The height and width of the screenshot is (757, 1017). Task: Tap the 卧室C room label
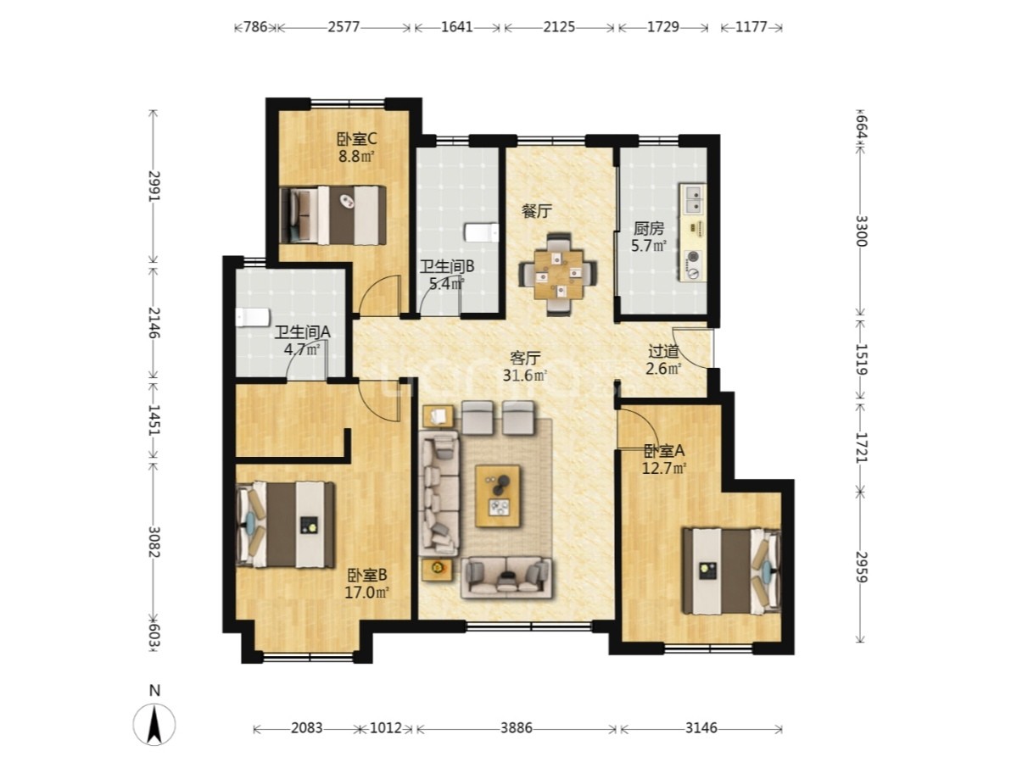(357, 139)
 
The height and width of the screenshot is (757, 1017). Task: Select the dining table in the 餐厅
(558, 274)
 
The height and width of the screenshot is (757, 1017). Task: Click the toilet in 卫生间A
(252, 318)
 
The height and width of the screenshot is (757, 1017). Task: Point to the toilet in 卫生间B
(481, 232)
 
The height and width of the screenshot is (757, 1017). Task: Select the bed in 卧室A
(731, 571)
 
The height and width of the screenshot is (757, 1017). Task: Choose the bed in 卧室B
(285, 525)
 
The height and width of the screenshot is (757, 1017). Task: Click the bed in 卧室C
(332, 215)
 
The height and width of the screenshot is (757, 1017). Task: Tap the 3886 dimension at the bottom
(517, 728)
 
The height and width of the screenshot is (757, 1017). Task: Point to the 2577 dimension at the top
(344, 26)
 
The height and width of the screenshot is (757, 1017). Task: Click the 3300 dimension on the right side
(861, 231)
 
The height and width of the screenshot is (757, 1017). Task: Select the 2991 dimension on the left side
(154, 186)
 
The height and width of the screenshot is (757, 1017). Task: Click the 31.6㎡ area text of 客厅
(525, 375)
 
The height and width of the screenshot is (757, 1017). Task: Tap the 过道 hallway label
(663, 352)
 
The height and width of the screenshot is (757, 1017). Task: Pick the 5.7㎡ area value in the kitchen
(649, 246)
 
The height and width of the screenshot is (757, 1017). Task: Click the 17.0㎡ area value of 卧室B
(366, 592)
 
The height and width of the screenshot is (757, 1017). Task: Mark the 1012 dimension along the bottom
(386, 728)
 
